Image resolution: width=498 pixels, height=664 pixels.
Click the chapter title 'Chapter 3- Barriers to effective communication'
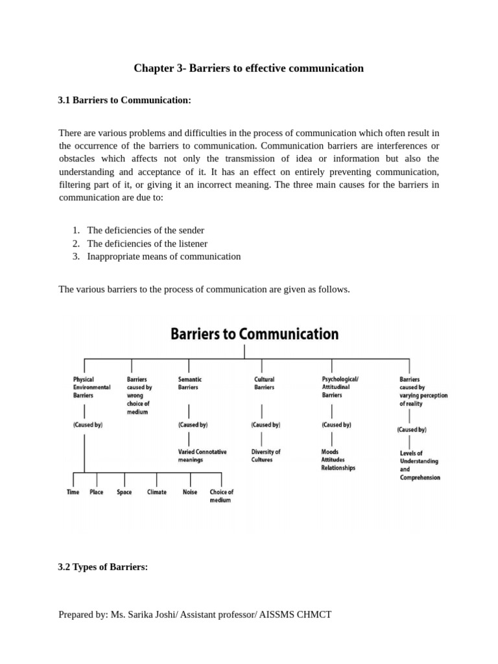click(x=248, y=68)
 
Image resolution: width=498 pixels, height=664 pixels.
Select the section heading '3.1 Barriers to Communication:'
click(x=124, y=101)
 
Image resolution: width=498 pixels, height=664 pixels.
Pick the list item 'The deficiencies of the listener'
click(x=147, y=243)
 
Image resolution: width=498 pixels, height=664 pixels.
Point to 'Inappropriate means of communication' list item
click(x=163, y=256)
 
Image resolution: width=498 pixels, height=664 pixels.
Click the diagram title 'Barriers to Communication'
click(x=254, y=335)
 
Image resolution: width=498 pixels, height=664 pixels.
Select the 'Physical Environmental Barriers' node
click(x=91, y=387)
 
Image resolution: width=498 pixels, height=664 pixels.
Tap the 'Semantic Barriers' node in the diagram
click(x=190, y=383)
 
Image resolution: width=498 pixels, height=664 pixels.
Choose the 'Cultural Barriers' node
click(x=264, y=383)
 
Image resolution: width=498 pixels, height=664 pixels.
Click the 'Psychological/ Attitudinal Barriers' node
click(x=340, y=387)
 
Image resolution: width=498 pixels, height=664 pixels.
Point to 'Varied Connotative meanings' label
click(x=202, y=456)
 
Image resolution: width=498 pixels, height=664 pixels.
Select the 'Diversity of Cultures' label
click(x=265, y=456)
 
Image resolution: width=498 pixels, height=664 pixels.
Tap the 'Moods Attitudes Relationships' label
click(x=338, y=460)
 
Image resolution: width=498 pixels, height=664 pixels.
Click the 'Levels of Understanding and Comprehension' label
click(x=420, y=465)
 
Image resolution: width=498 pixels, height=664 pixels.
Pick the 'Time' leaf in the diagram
click(x=73, y=492)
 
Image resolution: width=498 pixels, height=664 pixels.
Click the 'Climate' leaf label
click(x=157, y=492)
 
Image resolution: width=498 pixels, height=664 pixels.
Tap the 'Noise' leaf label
click(x=190, y=492)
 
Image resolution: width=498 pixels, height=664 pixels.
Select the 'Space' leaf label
click(x=124, y=492)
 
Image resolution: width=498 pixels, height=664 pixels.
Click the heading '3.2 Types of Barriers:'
click(x=103, y=567)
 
